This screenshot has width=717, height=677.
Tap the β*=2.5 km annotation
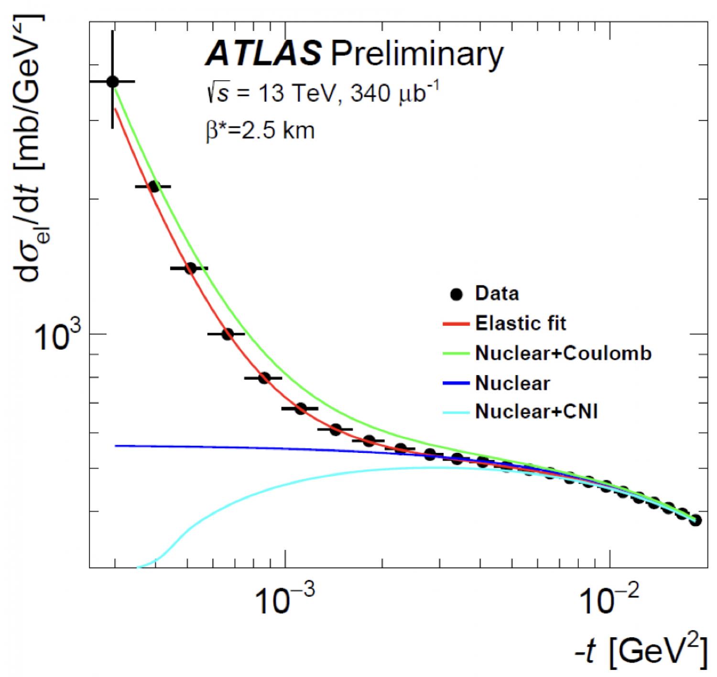pos(261,130)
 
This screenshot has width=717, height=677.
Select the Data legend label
pos(497,293)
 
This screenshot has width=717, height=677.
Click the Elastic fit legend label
pos(520,323)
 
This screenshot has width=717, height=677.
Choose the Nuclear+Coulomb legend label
pos(563,354)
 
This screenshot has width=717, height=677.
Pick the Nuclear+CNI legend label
pos(536,411)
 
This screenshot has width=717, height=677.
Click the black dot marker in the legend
pos(456,294)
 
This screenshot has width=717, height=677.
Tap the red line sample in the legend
pos(456,324)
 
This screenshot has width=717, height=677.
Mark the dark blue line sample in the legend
pos(456,383)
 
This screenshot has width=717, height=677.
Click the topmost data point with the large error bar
pos(112,82)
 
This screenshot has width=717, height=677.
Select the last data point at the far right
pos(695,520)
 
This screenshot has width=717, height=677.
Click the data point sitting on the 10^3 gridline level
pos(227,334)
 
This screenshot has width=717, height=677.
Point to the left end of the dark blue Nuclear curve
pos(116,446)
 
